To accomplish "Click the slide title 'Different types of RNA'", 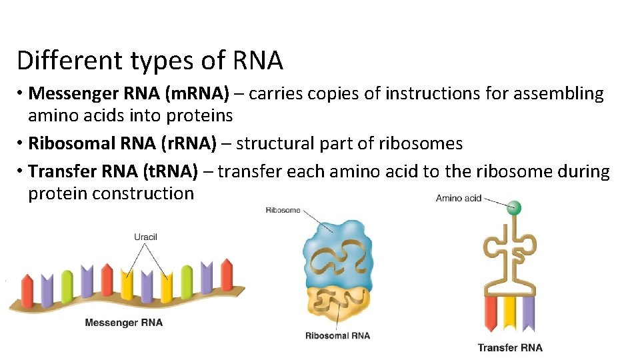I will tap(150, 61).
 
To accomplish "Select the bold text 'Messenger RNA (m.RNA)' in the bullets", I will tap(129, 94).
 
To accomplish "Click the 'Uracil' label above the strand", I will tap(145, 237).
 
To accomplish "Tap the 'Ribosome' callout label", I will tap(283, 210).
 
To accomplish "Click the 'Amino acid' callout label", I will tap(459, 198).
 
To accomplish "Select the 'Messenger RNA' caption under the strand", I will tap(123, 323).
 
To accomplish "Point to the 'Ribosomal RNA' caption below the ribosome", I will tap(337, 335).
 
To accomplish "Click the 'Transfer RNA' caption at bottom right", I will tap(510, 347).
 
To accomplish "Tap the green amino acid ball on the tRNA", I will tap(514, 208).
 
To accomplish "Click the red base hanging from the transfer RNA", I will tap(492, 313).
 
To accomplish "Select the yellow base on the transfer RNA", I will tap(510, 313).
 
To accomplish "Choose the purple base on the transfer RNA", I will tap(528, 313).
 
